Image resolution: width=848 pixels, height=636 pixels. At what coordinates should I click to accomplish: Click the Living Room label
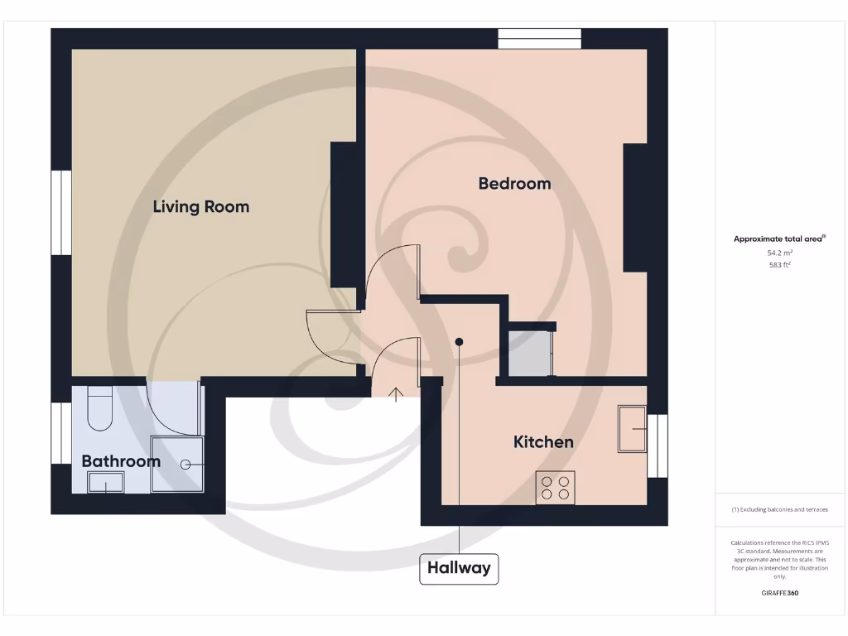click(200, 206)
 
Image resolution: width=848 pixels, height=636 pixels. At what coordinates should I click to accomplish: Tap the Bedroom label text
click(514, 183)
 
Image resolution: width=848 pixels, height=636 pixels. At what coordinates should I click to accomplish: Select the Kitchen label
click(543, 441)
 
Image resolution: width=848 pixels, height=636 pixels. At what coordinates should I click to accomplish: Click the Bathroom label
click(120, 461)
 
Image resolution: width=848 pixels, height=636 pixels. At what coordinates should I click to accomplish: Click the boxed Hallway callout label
click(459, 568)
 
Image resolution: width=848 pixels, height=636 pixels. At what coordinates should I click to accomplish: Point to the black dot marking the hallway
click(459, 341)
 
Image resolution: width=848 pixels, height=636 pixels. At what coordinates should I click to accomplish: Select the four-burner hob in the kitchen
click(556, 487)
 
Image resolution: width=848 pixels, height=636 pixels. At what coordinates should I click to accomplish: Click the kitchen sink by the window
click(632, 429)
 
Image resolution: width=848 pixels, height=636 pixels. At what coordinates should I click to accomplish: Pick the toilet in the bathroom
click(99, 408)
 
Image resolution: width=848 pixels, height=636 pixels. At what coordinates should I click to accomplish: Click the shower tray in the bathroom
click(176, 465)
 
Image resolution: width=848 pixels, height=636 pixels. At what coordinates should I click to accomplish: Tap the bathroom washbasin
click(106, 482)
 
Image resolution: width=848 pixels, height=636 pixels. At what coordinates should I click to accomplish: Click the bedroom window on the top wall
click(539, 39)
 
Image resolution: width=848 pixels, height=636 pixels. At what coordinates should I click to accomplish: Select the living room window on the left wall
click(61, 213)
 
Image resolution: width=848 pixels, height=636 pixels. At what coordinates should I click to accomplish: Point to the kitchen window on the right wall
click(657, 446)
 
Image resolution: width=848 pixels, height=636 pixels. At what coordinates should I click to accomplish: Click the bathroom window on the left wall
click(61, 433)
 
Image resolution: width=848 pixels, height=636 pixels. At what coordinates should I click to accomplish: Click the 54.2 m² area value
click(779, 253)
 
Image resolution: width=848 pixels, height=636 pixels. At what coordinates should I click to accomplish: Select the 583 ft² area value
click(779, 266)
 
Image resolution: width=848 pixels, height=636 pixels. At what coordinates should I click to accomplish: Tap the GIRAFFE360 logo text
click(779, 593)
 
